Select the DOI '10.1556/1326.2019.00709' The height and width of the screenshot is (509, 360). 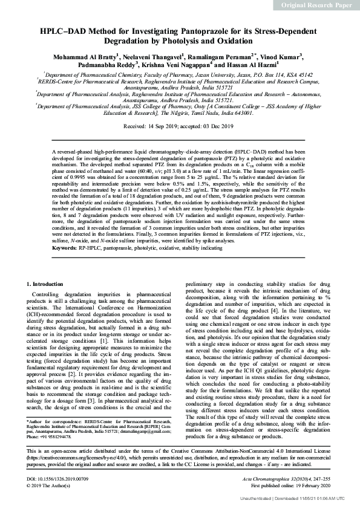tap(64, 478)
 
